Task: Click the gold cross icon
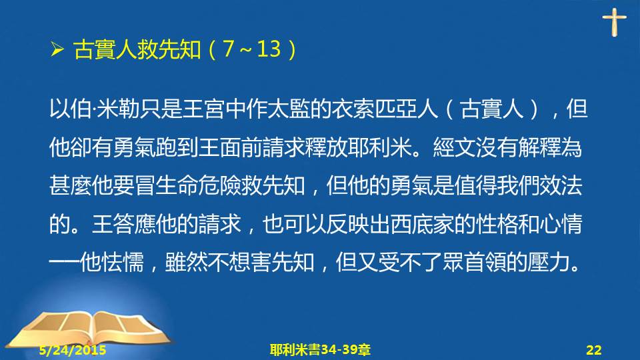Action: [614, 22]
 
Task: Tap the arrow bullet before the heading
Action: [57, 49]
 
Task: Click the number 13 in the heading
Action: [269, 49]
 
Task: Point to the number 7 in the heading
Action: [229, 49]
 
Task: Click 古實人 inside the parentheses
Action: [491, 109]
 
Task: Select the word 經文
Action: [454, 147]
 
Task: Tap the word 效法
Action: [561, 186]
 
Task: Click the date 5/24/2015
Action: [73, 350]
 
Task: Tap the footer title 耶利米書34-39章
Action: [320, 350]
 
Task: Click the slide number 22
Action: [594, 350]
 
